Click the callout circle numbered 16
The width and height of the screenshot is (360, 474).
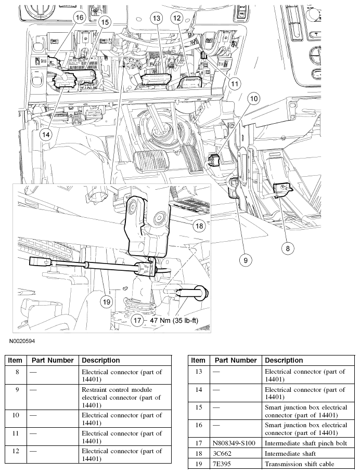[x=79, y=18]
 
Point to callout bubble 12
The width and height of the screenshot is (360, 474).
[x=177, y=19]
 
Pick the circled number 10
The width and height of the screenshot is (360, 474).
[x=253, y=98]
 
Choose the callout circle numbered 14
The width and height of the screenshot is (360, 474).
[x=46, y=134]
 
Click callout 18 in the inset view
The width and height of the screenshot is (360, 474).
[x=199, y=226]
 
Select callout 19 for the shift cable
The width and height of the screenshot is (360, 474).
[x=107, y=301]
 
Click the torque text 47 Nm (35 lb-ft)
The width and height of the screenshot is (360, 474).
[x=174, y=320]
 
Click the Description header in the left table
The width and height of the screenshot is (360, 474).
[x=100, y=360]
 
